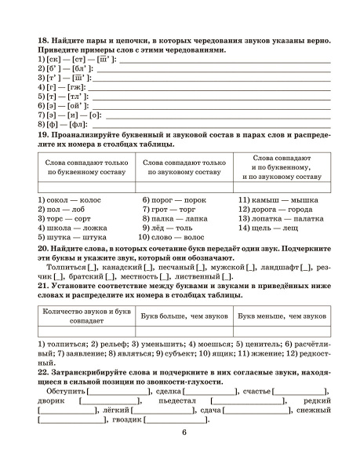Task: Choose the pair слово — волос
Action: (170, 235)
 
